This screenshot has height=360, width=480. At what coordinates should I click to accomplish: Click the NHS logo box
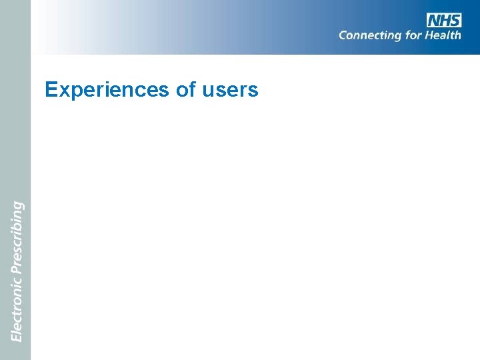tap(444, 20)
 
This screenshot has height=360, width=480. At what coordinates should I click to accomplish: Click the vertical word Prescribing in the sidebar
tap(17, 236)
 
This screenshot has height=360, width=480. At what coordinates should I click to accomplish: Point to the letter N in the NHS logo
tap(434, 20)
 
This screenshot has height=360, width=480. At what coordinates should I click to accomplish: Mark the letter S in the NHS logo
tap(455, 20)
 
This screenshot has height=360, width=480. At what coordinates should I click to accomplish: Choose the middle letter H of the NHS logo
tap(445, 20)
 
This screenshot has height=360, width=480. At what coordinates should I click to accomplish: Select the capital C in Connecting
tap(343, 35)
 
